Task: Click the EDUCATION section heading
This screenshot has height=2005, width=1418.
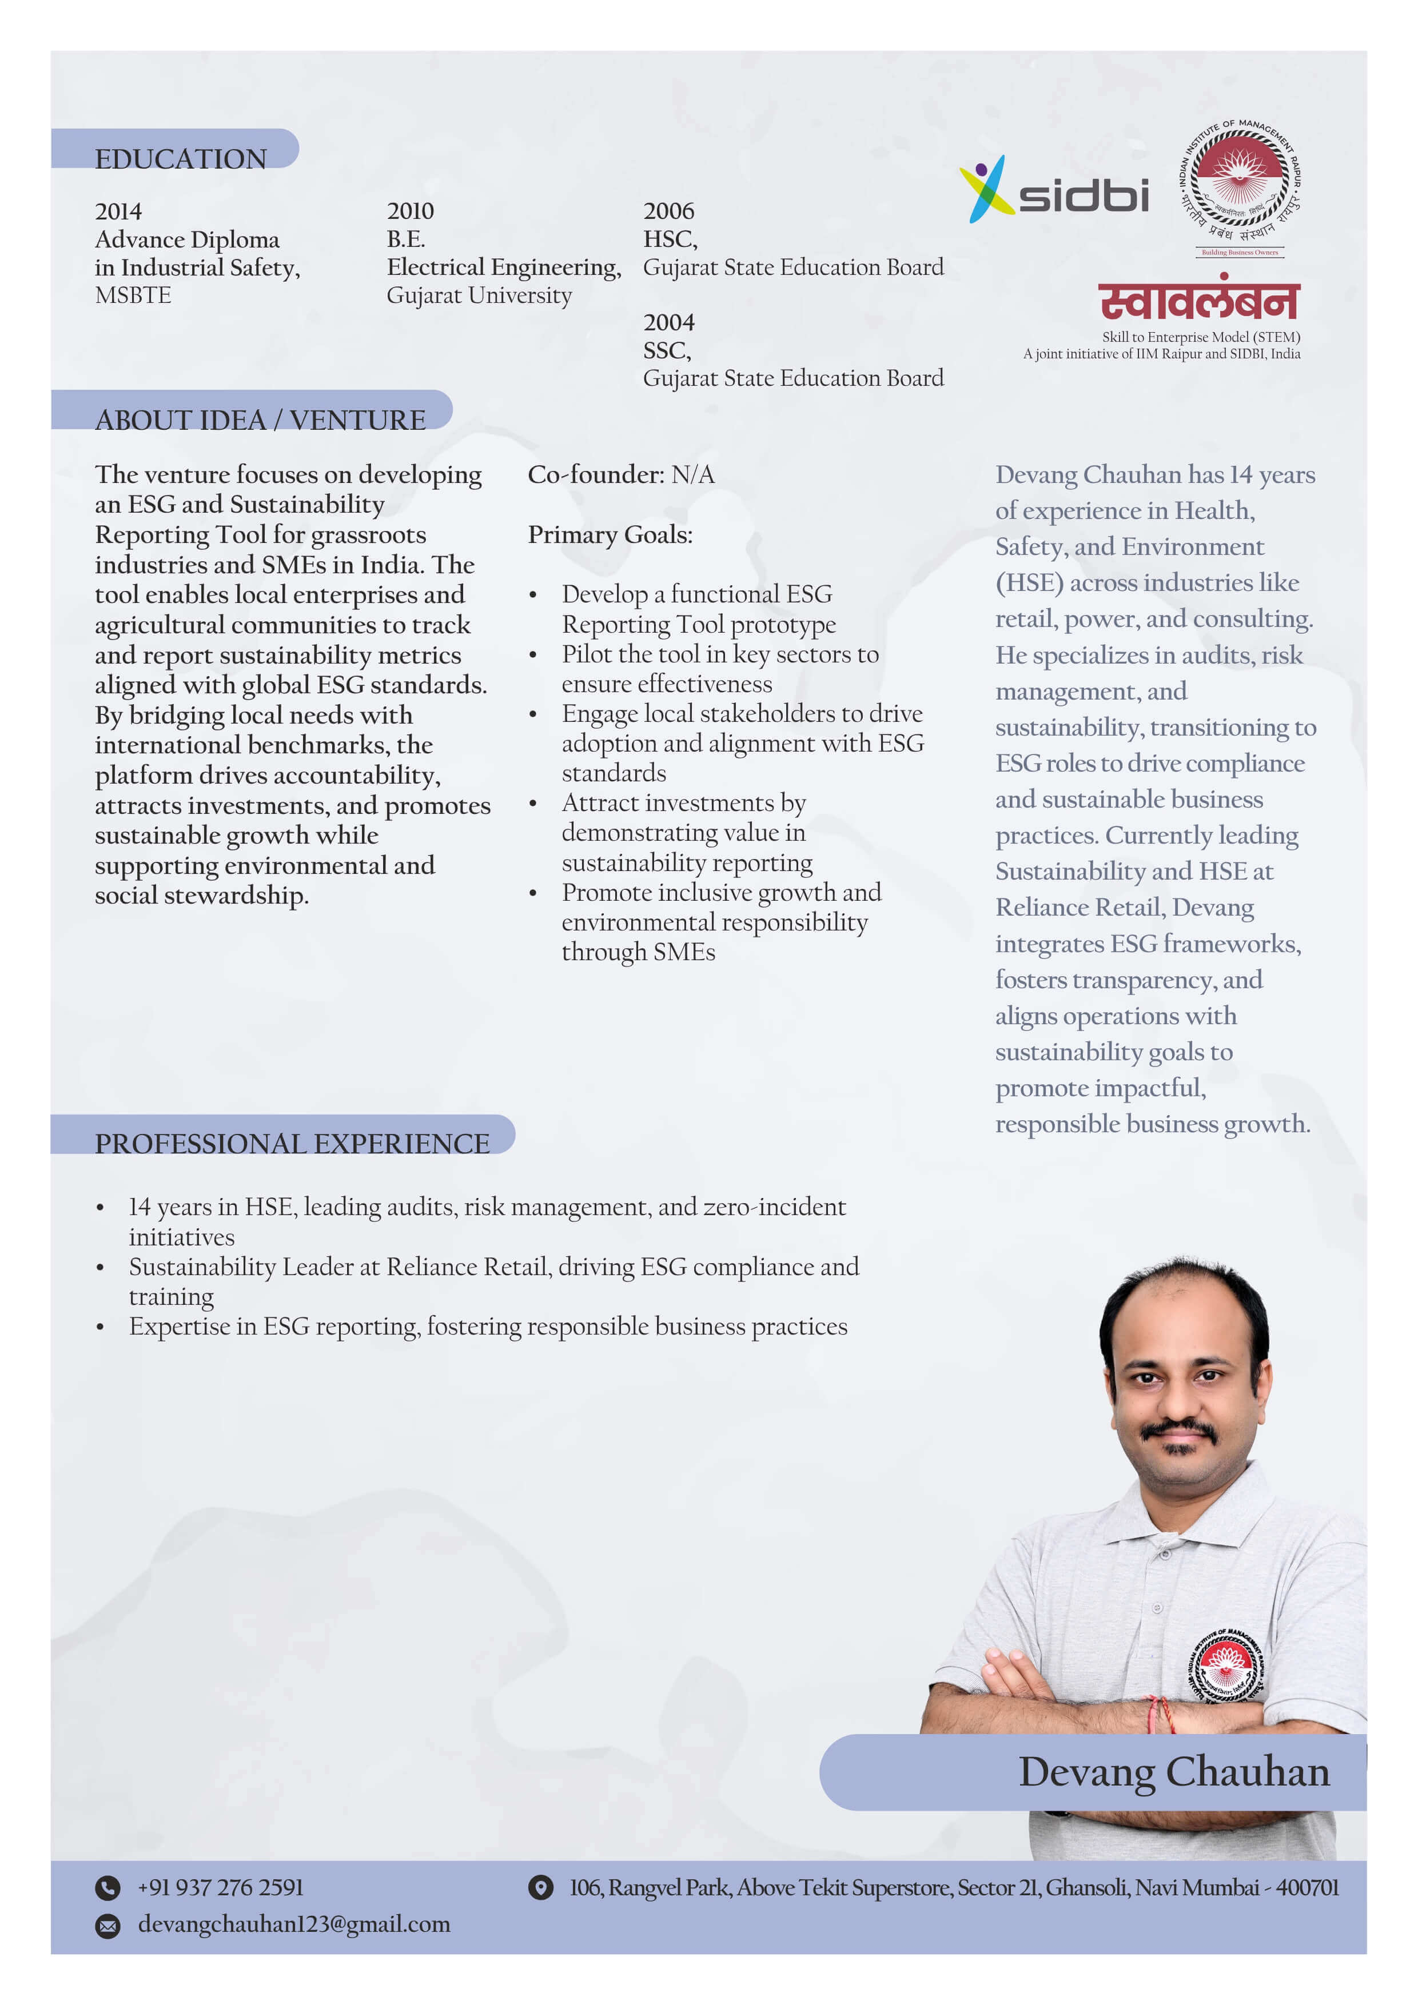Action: point(180,158)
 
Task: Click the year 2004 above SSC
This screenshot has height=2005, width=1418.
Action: point(668,322)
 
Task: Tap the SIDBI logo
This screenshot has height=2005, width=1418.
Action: point(1054,190)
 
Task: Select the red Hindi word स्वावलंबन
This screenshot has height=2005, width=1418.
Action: point(1198,301)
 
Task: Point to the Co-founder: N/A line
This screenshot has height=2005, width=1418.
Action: point(620,474)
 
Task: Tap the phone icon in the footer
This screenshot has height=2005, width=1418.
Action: point(107,1888)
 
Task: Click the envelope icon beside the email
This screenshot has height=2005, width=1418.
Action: point(107,1926)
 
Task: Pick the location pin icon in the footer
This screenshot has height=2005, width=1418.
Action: point(541,1888)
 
